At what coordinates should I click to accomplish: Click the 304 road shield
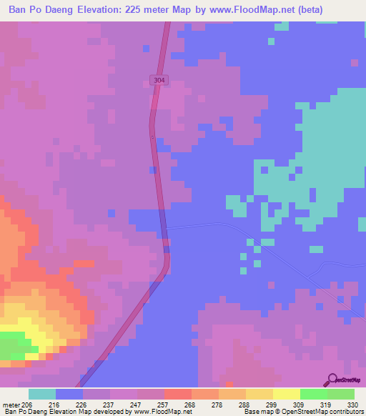coord(159,81)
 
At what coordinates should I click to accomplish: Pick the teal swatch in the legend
coord(41,394)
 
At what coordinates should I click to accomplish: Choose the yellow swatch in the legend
coord(286,394)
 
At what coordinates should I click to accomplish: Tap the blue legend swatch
coord(69,394)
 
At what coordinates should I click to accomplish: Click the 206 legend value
coord(28,404)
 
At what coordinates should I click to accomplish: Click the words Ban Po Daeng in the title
coord(36,10)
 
